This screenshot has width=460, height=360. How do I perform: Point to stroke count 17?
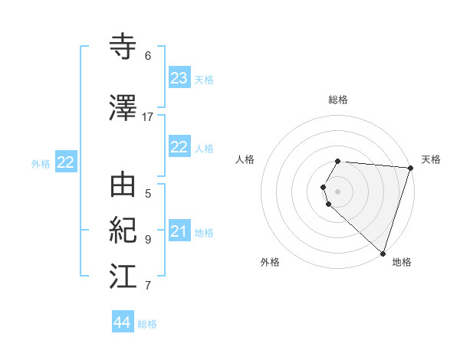pos(148,116)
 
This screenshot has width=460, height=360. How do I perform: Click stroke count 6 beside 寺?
pos(148,56)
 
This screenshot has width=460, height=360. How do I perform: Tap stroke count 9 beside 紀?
pos(148,239)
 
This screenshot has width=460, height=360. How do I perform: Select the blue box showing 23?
pos(179,78)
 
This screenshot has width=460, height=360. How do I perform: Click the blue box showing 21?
pos(179,231)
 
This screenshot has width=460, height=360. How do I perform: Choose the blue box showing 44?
pos(122,322)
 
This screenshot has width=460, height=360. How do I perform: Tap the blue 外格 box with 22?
pos(65,162)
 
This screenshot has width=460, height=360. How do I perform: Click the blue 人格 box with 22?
pos(179,147)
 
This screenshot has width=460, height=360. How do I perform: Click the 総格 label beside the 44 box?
pos(147,324)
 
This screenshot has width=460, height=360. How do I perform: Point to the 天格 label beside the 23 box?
pos(203,80)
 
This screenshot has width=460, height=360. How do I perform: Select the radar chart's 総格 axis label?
pos(338,100)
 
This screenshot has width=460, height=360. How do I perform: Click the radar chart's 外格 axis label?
pos(270,262)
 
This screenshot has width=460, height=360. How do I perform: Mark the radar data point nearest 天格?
pos(410,168)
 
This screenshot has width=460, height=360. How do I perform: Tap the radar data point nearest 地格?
pos(383,253)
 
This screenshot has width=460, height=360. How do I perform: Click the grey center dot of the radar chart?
pos(337,191)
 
